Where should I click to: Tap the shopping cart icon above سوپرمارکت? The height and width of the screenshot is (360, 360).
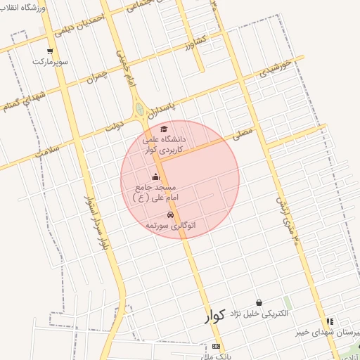50,51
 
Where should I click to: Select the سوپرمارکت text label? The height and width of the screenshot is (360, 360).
50,62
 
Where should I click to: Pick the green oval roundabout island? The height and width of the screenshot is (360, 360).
139,110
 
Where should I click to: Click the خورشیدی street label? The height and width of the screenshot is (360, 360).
275,69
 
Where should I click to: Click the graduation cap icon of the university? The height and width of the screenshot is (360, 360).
164,129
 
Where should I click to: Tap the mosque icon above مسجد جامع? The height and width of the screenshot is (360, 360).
155,177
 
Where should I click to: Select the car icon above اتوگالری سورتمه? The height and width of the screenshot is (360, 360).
170,214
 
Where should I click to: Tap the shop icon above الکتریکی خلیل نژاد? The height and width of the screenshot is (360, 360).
259,302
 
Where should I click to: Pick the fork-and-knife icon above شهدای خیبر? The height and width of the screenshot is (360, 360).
330,321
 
